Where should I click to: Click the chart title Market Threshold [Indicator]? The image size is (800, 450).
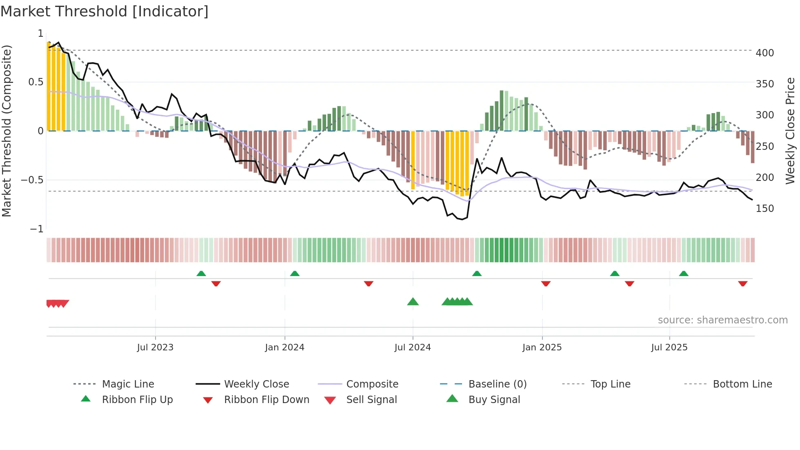[x=104, y=11]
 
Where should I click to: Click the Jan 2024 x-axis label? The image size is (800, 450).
[x=284, y=347]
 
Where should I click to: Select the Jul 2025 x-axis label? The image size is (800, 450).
[x=669, y=347]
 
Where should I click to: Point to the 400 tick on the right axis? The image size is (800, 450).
[x=764, y=53]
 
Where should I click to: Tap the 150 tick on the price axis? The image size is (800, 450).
[x=764, y=208]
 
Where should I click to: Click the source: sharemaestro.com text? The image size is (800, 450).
[x=722, y=320]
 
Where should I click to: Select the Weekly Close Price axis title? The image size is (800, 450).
[x=790, y=131]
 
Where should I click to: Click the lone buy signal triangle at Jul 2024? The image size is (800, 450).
[x=413, y=302]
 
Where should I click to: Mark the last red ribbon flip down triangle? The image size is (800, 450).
[x=742, y=283]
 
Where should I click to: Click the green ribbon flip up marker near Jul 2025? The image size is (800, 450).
[x=684, y=274]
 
